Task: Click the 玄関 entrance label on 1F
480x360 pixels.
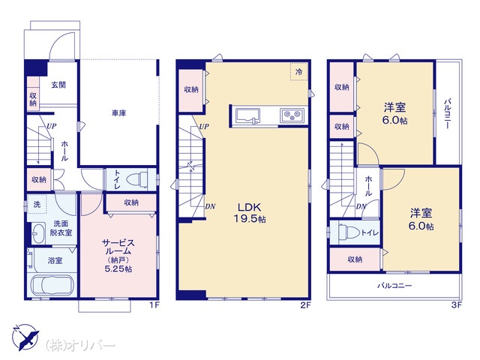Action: (x=58, y=85)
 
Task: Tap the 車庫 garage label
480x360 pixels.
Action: (x=118, y=113)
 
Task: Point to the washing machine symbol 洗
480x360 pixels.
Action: (x=37, y=204)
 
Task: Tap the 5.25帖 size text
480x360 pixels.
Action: (x=118, y=269)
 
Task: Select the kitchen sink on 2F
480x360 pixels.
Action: (x=247, y=116)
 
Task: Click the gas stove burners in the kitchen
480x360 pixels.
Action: (x=292, y=115)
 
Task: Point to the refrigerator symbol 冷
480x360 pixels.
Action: (x=298, y=72)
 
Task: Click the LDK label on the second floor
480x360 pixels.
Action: (x=250, y=207)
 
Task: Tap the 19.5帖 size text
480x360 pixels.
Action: (x=250, y=219)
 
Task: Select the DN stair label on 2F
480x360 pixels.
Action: (x=210, y=207)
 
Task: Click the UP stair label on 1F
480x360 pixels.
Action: (x=51, y=126)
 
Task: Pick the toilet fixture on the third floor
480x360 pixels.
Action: (x=349, y=232)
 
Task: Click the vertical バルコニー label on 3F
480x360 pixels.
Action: (x=447, y=113)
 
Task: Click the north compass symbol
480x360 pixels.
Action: (x=25, y=337)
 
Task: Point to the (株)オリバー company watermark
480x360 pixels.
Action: (x=80, y=345)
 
